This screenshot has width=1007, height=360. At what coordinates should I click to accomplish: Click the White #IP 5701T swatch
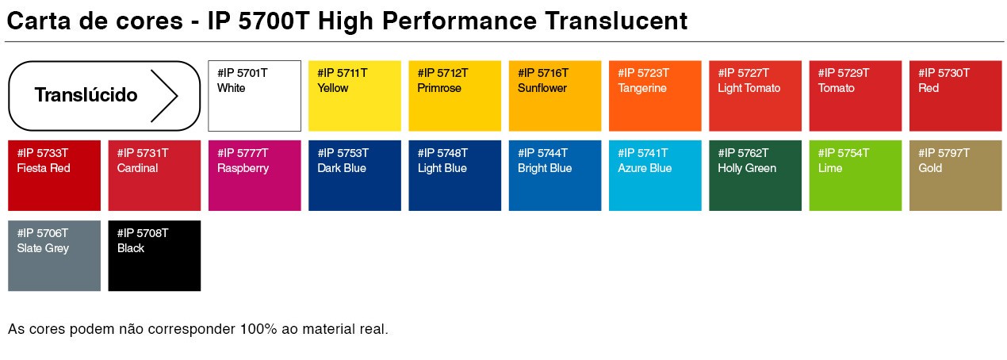[255, 96]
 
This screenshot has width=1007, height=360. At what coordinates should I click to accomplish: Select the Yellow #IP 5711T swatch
[354, 96]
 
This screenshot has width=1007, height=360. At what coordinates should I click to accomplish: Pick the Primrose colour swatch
[455, 96]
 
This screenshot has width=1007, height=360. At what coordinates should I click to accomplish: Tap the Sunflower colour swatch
[555, 96]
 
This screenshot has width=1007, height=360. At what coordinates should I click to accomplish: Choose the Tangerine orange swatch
[655, 96]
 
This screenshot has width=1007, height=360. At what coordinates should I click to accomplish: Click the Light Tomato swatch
[755, 96]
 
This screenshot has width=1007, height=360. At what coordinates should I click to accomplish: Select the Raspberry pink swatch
[255, 175]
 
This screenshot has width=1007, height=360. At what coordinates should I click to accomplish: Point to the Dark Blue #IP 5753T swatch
[354, 175]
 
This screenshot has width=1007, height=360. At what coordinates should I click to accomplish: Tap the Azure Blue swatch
[655, 175]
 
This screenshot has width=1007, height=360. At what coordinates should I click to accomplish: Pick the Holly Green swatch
[755, 175]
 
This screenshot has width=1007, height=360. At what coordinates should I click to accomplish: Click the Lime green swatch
[856, 175]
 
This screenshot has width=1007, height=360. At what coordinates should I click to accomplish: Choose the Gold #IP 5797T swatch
[955, 175]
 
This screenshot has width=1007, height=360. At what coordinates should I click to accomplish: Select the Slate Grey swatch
[55, 256]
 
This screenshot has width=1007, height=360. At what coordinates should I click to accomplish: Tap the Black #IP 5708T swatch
[154, 256]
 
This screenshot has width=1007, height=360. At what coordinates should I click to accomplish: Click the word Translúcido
[86, 95]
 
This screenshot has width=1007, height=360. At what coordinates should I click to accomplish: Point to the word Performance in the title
[459, 21]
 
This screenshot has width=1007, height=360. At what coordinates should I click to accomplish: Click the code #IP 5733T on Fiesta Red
[43, 153]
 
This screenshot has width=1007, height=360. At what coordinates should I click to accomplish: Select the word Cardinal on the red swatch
[137, 168]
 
